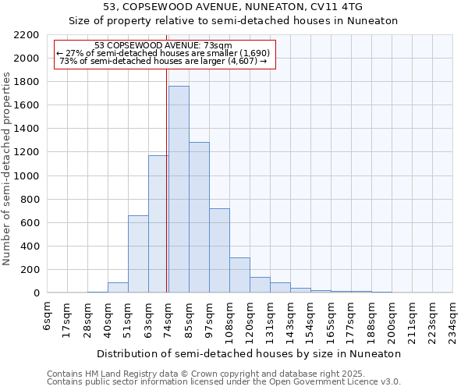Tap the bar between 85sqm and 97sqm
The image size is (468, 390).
tap(199, 218)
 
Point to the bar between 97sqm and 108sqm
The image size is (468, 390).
tap(219, 250)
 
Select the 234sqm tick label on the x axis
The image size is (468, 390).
tap(453, 317)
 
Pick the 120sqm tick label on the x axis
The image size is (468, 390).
tap(250, 317)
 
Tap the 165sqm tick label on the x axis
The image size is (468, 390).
tap(331, 317)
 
